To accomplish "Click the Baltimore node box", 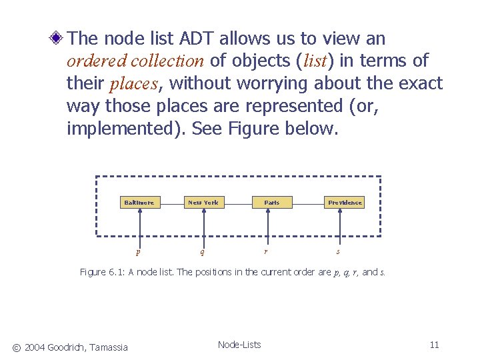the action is [x=139, y=202].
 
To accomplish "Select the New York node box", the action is [x=203, y=202].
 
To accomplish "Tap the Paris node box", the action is [x=271, y=202].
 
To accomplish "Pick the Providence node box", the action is [x=345, y=202].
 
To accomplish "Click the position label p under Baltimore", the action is [x=138, y=252].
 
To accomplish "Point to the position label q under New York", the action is [x=202, y=252].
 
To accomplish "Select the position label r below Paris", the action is [x=266, y=251].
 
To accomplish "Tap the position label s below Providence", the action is [x=338, y=251].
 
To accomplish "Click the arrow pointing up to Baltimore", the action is [x=139, y=227].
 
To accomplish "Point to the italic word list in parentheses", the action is [x=315, y=61].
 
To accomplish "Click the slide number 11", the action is [x=434, y=345].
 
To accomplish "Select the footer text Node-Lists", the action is [x=239, y=345].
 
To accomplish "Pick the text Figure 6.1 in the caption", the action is [x=99, y=272].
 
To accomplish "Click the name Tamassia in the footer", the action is [x=108, y=346].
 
